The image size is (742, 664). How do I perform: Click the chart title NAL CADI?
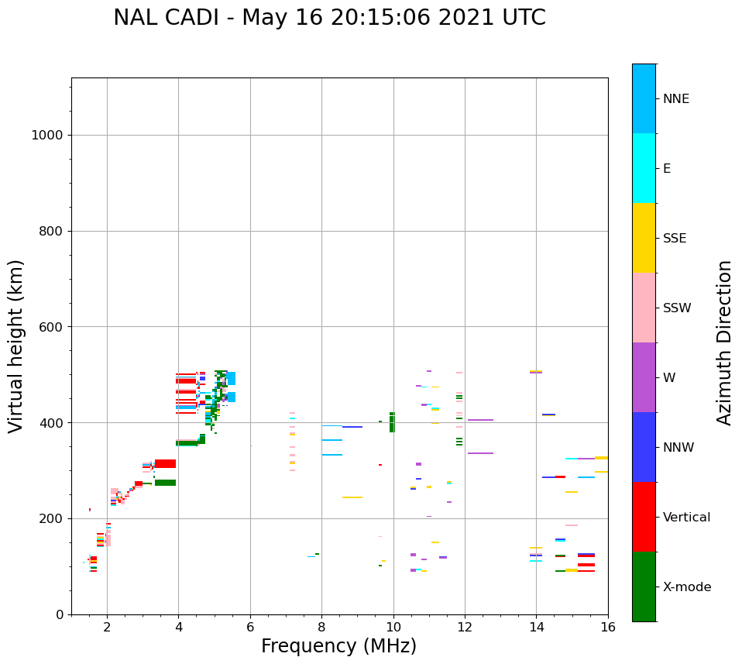329,18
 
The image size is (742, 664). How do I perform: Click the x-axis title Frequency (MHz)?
338,646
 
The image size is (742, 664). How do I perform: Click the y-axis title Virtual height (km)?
16,346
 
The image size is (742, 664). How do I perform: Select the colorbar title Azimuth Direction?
724,342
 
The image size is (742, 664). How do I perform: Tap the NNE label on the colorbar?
675,99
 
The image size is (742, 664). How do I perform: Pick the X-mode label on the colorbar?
686,587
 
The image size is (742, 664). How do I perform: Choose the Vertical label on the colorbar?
686,518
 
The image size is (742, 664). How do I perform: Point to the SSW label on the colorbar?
676,308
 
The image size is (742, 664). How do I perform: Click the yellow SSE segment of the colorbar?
644,238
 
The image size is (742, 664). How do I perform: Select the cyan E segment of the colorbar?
644,168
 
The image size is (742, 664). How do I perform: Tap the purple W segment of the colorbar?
644,377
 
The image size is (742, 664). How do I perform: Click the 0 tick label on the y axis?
59,614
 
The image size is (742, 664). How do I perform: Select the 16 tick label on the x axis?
607,627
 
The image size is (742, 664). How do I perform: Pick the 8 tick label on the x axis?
321,627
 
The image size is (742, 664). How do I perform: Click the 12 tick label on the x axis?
465,627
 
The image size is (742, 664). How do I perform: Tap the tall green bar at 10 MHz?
392,422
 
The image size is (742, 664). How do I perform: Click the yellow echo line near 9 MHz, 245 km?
352,497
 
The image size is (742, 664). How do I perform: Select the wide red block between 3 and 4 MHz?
165,463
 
